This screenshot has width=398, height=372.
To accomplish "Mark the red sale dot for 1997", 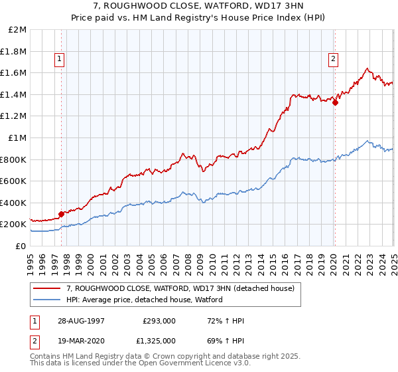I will pos(62,214).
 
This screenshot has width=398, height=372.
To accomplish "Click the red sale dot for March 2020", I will pos(335,103).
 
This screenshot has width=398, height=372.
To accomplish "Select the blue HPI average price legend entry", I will pos(144,300).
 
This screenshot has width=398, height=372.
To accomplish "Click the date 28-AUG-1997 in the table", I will pos(82,321).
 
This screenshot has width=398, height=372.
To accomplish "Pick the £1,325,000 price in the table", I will pos(159,341).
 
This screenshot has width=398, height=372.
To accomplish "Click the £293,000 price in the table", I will pos(159,321).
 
